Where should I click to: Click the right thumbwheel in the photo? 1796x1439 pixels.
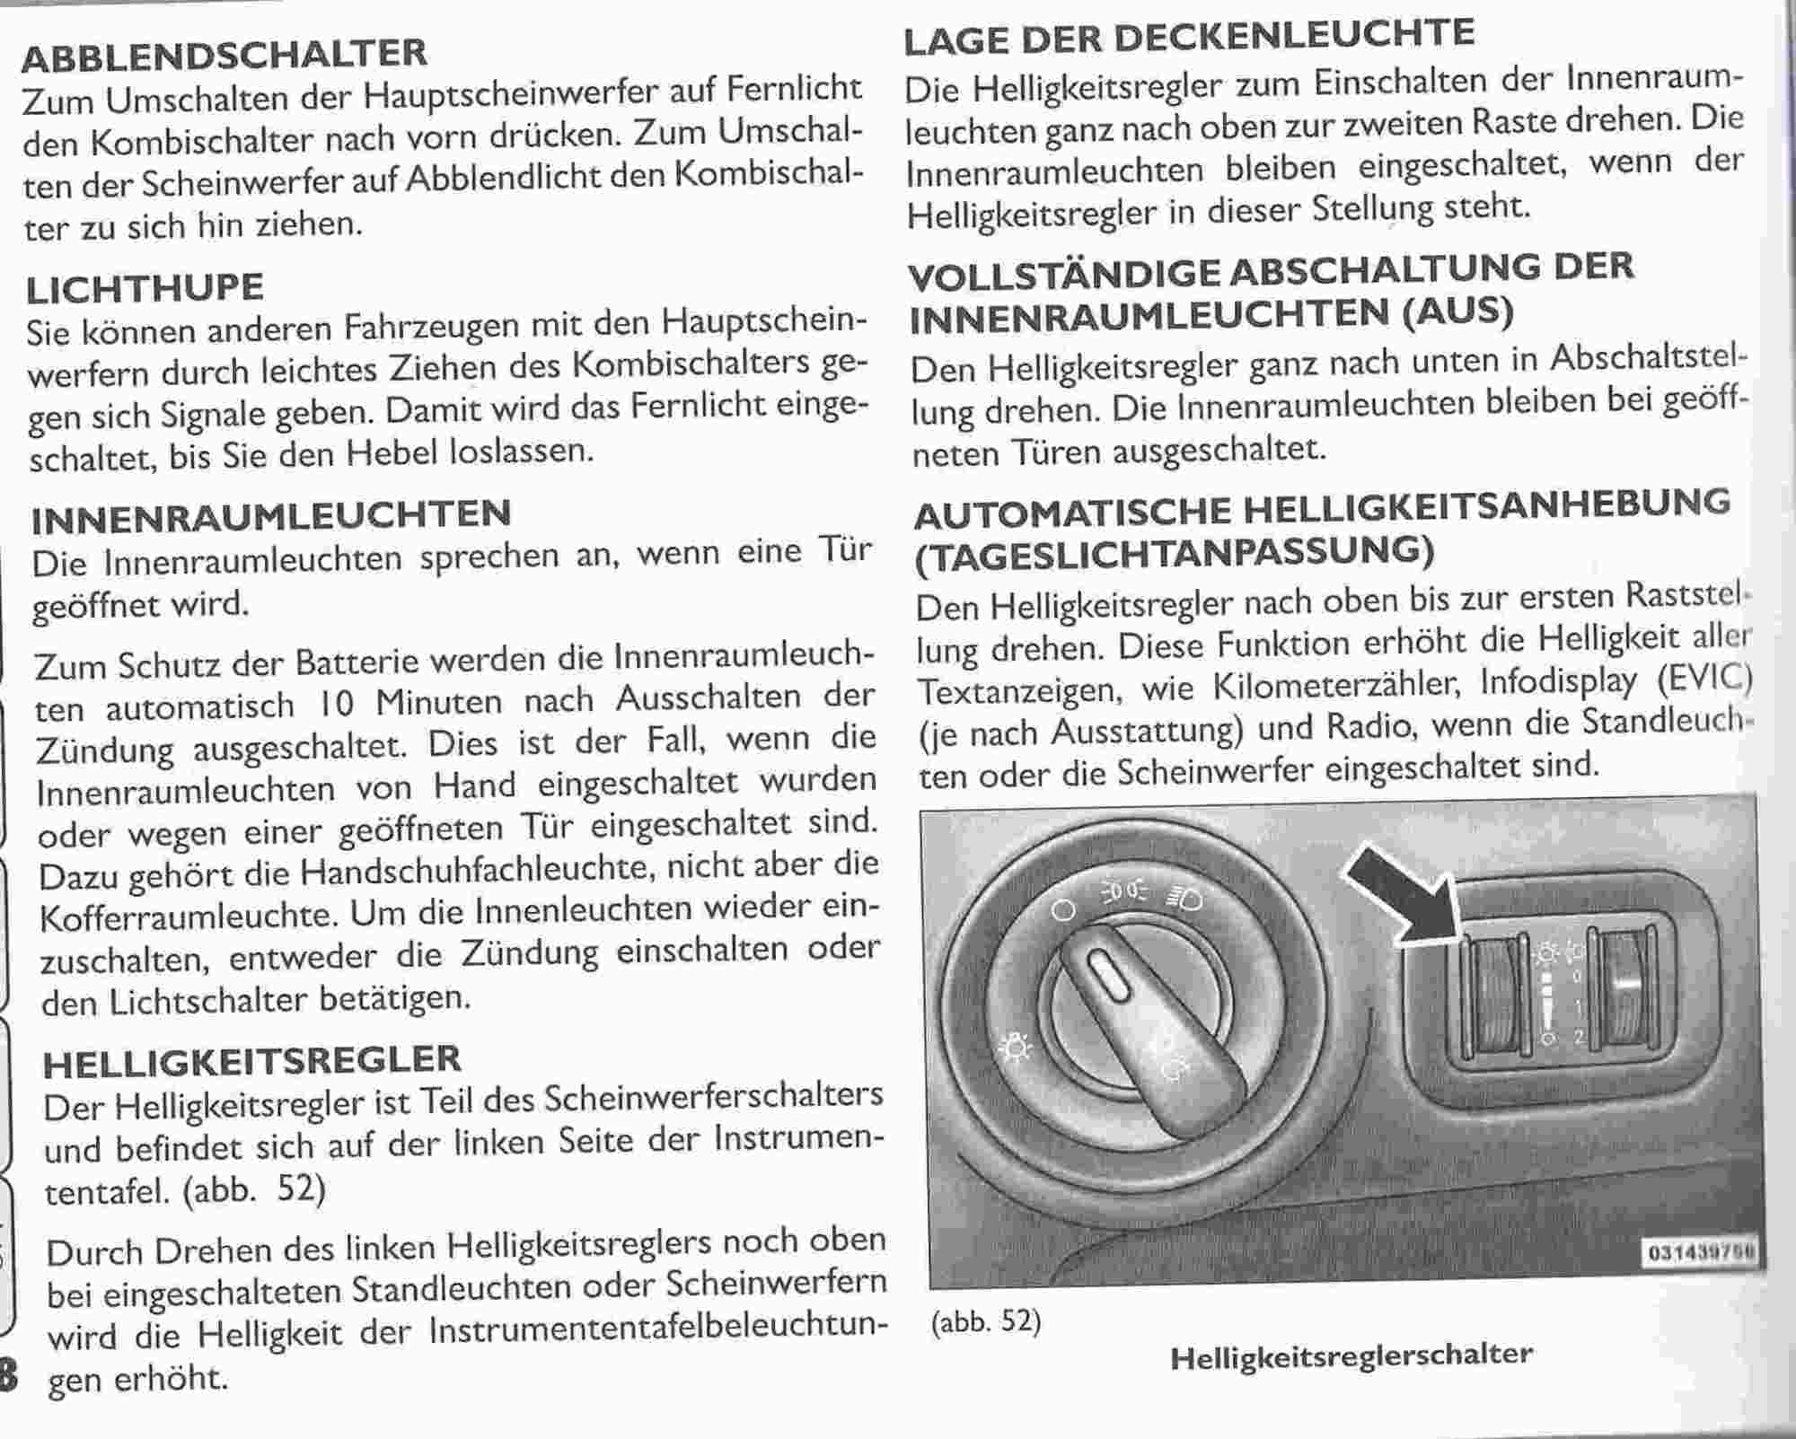pos(1624,987)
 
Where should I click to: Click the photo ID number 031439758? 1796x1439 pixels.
pos(1701,1253)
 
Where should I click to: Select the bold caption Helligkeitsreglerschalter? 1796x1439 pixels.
pos(1351,1356)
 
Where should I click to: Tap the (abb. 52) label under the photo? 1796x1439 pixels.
pos(986,1321)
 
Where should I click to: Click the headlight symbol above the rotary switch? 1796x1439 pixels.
pos(1184,898)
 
